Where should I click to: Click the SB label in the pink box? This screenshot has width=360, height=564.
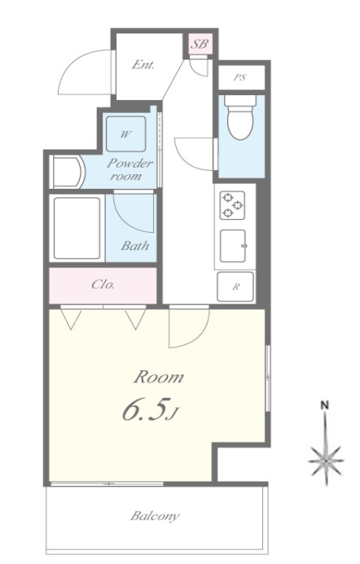tap(199, 44)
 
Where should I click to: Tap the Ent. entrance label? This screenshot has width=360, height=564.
tap(143, 65)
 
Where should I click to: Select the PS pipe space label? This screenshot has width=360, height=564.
tap(239, 77)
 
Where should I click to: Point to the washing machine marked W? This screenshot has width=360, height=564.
tap(126, 134)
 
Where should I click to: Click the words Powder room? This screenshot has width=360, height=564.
tap(129, 169)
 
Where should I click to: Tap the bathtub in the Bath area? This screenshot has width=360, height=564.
tap(77, 228)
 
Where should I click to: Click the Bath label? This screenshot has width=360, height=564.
tap(134, 246)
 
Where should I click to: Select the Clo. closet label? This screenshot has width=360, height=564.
tap(103, 285)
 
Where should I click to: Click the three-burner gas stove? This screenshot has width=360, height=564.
tap(232, 205)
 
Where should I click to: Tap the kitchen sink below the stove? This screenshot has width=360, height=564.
tap(233, 246)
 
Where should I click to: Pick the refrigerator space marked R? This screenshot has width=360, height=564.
tap(235, 286)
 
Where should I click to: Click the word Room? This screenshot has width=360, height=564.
tap(158, 377)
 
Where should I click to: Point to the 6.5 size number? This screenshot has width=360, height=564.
tap(146, 411)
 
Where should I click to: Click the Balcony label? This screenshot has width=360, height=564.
tap(155, 516)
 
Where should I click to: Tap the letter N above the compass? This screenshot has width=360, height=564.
tap(325, 405)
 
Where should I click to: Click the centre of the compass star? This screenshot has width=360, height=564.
tap(326, 461)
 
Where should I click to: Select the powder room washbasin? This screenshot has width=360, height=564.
tap(68, 172)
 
